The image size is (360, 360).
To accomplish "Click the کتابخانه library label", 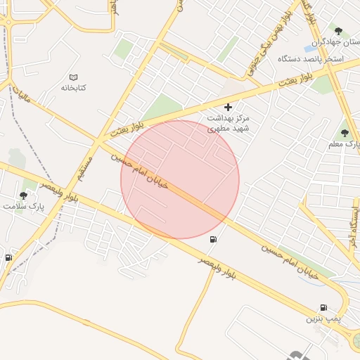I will pyautogui.click(x=73, y=88).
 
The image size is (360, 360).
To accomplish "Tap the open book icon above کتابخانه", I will pyautogui.click(x=73, y=77).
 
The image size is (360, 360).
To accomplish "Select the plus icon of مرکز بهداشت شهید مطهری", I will pyautogui.click(x=228, y=107).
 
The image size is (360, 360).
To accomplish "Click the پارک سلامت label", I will pyautogui.click(x=22, y=206).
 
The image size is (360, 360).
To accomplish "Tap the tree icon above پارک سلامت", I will pyautogui.click(x=23, y=195).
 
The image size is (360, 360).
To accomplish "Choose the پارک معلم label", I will pyautogui.click(x=344, y=143).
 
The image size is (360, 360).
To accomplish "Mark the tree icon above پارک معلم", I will pyautogui.click(x=344, y=132).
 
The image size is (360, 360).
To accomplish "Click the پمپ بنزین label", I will pyautogui.click(x=323, y=319).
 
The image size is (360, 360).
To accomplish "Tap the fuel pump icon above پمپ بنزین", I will pyautogui.click(x=323, y=307).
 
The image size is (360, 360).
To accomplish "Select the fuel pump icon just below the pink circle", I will pyautogui.click(x=212, y=240).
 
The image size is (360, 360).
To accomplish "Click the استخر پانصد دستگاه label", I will pyautogui.click(x=310, y=58).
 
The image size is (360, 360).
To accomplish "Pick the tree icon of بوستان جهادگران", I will pyautogui.click(x=339, y=31).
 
